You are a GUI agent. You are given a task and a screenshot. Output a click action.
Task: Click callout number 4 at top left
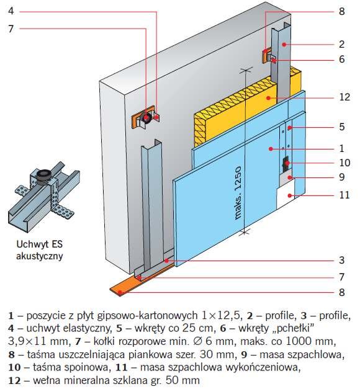[11, 11]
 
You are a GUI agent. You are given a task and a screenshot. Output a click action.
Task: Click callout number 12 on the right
[344, 97]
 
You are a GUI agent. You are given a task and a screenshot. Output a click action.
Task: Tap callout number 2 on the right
[341, 44]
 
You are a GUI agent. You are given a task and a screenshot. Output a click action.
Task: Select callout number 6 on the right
[341, 59]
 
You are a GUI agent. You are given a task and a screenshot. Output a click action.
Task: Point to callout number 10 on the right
[344, 163]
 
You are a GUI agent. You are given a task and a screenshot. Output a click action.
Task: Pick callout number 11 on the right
[344, 195]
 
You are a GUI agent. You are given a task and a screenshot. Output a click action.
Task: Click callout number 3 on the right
[341, 260]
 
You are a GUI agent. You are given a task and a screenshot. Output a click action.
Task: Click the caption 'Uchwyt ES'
[39, 244]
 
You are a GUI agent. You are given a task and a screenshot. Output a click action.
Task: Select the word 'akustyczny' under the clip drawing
[39, 256]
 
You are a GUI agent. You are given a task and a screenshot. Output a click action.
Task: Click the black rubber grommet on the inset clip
[44, 175]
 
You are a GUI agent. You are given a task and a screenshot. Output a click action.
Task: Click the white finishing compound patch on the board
[286, 195]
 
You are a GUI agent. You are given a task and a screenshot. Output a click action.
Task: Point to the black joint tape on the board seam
[286, 164]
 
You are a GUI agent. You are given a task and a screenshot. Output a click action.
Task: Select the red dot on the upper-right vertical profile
[284, 45]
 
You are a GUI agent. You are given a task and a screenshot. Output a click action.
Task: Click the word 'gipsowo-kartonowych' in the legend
[147, 316]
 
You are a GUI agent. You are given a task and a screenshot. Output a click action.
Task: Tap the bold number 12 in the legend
[14, 380]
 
